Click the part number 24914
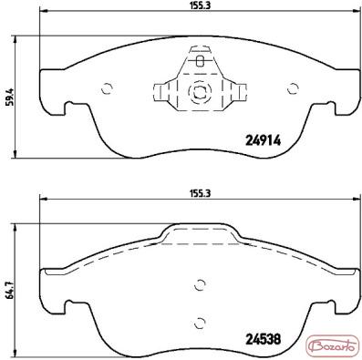coord(263,140)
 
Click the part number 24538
coord(263,339)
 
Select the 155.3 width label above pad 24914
coord(201,5)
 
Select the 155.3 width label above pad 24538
coord(201,193)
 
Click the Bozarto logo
coord(332,347)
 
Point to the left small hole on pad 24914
coord(108,88)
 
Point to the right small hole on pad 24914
coord(293,88)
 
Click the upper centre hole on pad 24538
coord(200,285)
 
